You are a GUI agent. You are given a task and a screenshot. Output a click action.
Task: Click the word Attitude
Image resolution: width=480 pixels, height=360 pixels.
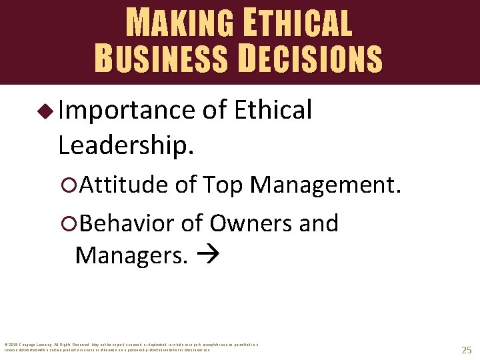(x=124, y=185)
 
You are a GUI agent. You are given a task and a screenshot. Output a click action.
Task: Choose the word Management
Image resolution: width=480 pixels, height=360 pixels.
(x=327, y=185)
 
